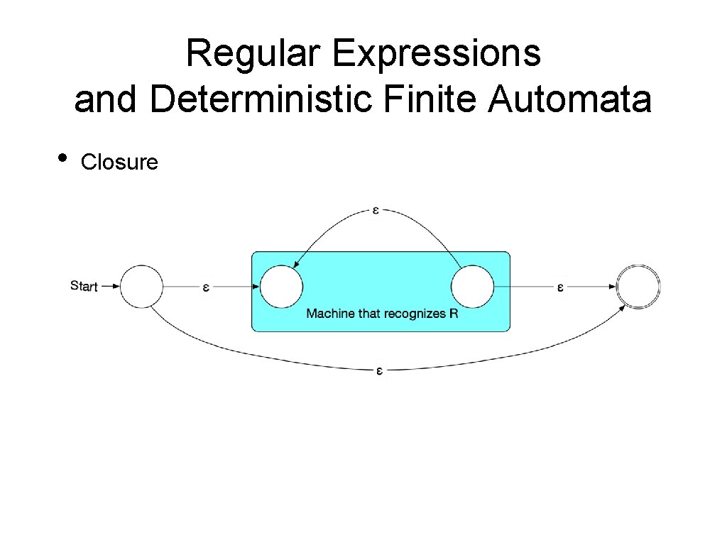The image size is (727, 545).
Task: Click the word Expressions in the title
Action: [x=436, y=54]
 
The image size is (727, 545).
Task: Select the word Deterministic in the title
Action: [x=261, y=99]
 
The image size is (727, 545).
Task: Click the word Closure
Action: [x=119, y=163]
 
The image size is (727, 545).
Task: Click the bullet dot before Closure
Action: [x=64, y=158]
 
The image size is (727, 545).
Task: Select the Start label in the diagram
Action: [x=84, y=286]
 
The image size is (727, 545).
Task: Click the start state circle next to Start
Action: [x=142, y=287]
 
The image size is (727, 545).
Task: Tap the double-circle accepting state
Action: [x=638, y=287]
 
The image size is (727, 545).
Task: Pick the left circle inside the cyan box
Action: [x=282, y=287]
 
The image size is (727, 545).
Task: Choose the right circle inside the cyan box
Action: [x=472, y=287]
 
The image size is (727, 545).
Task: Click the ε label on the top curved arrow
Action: [x=376, y=210]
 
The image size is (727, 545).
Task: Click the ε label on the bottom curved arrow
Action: [x=379, y=370]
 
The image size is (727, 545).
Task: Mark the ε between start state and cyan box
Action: [x=206, y=287]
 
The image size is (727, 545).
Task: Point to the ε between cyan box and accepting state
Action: [x=559, y=287]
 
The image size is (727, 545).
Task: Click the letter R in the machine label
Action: [x=454, y=313]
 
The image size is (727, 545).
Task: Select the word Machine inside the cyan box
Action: [x=329, y=313]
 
